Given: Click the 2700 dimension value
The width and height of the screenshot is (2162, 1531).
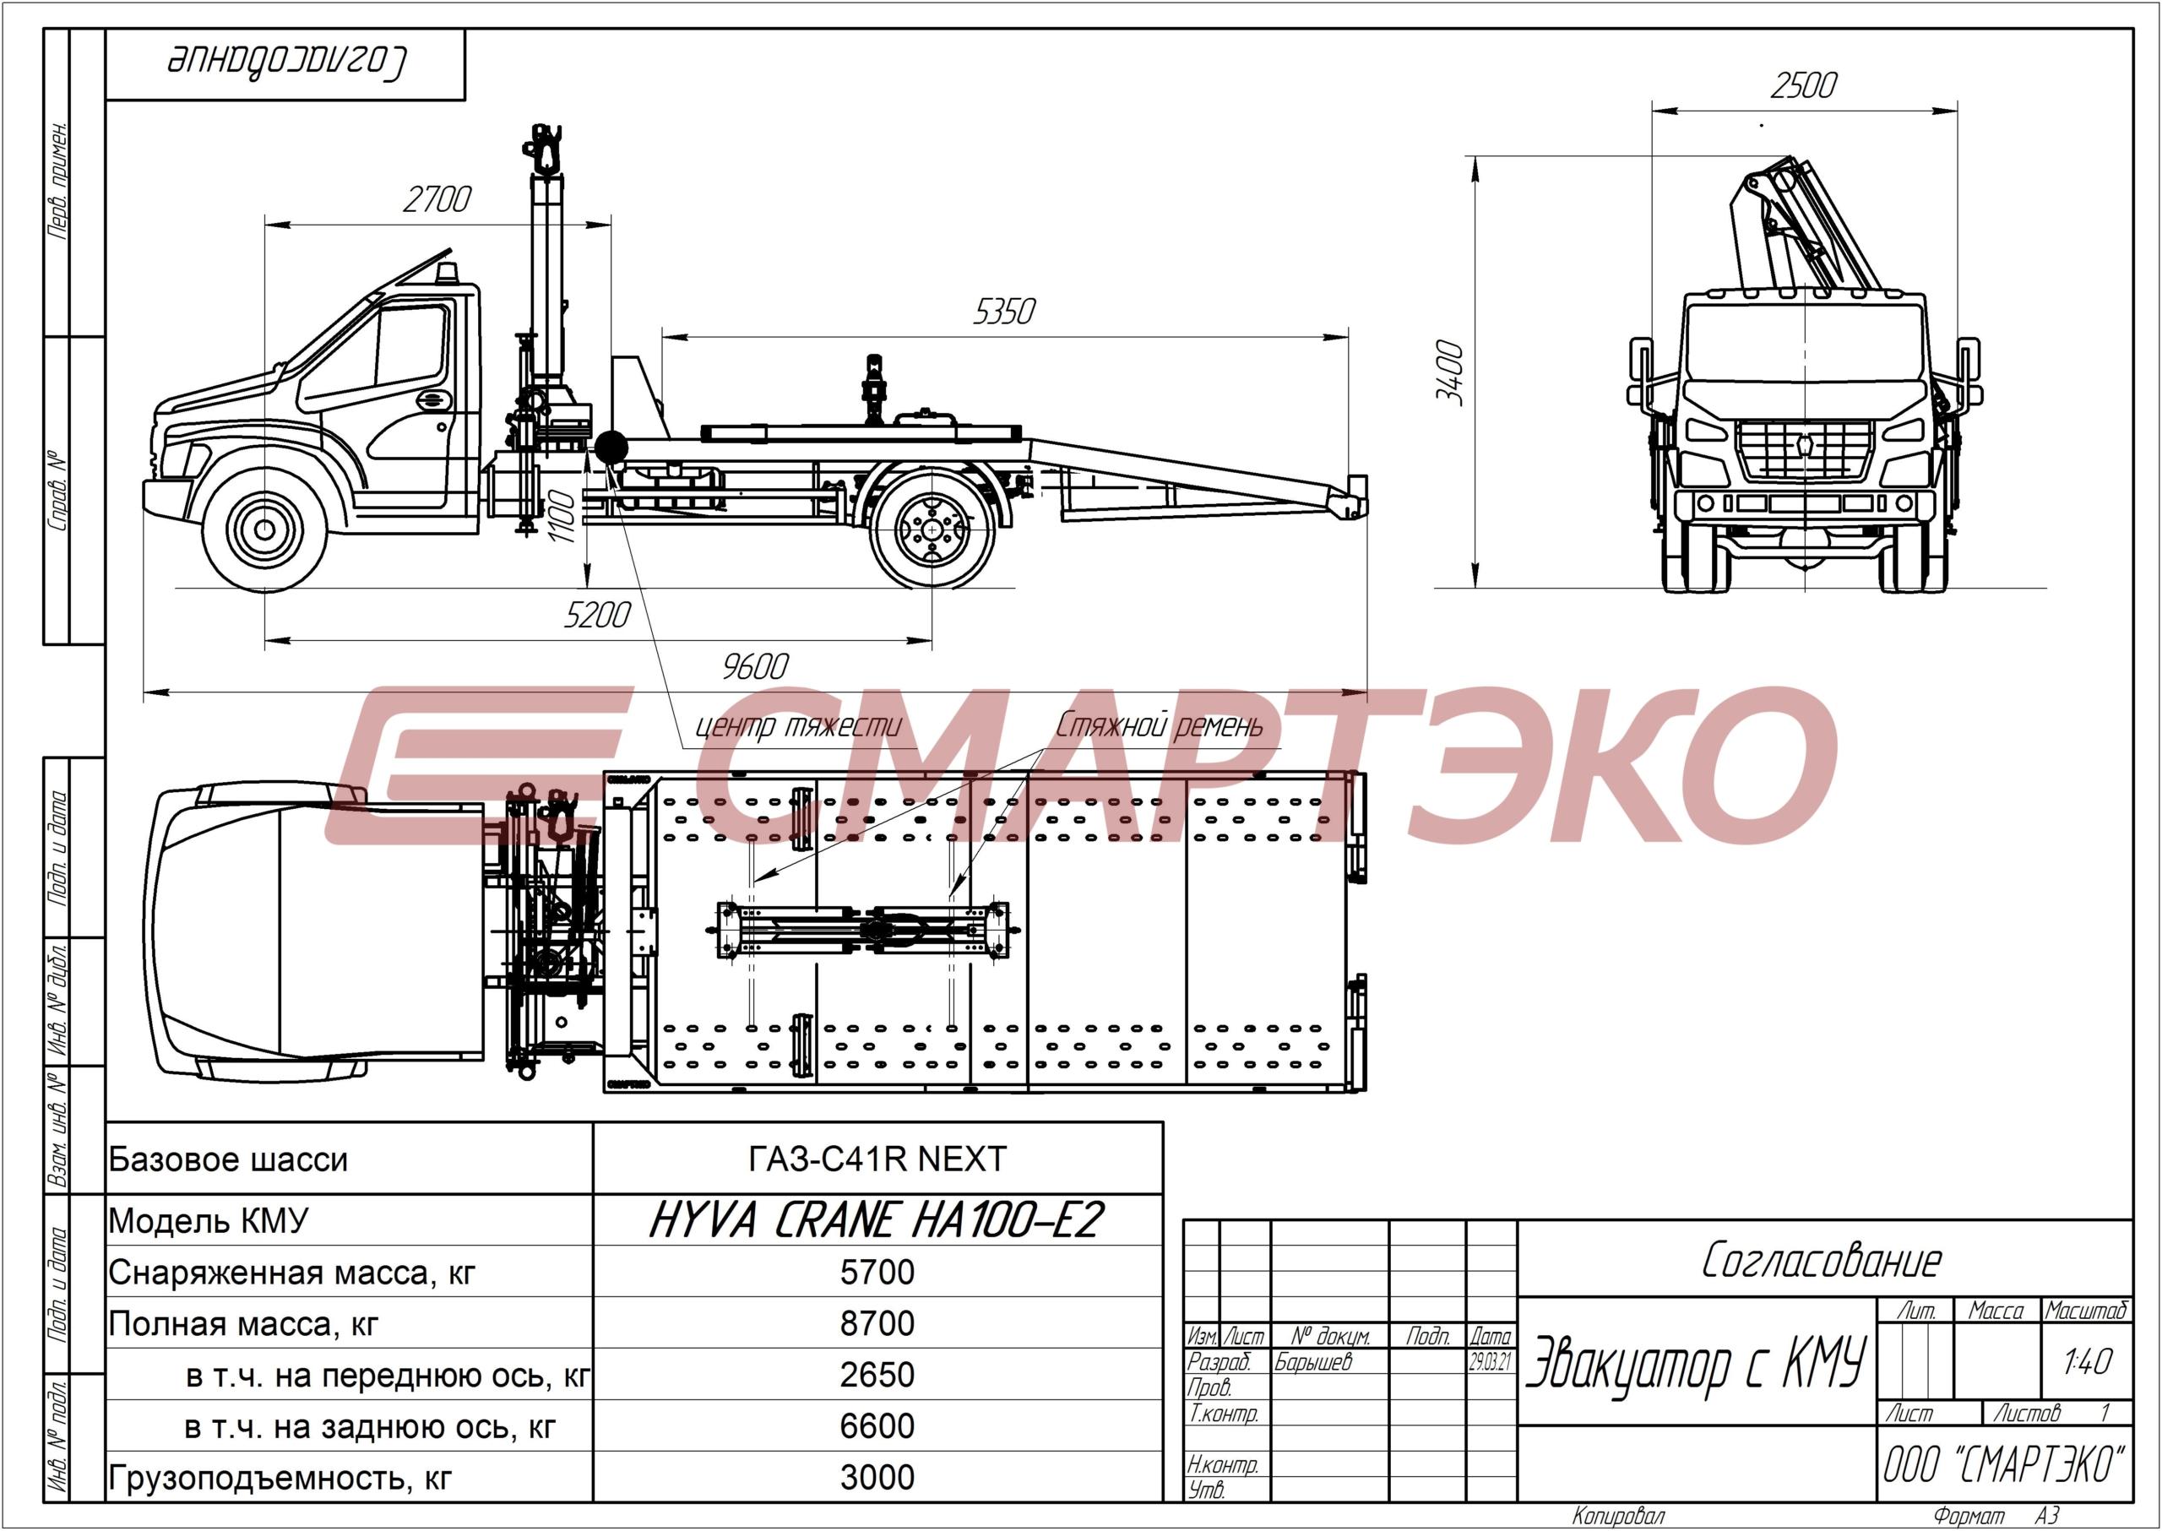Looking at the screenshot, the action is [437, 200].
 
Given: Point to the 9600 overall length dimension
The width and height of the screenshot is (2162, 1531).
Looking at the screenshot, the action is [754, 666].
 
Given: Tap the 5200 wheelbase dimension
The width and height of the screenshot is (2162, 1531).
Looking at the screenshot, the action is [597, 615].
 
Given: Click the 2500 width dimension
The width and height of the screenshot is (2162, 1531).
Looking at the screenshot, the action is [1804, 86].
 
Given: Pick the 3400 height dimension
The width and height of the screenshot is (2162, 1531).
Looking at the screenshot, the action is [1450, 373].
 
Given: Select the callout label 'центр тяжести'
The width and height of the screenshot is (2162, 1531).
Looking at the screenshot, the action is [798, 726].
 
